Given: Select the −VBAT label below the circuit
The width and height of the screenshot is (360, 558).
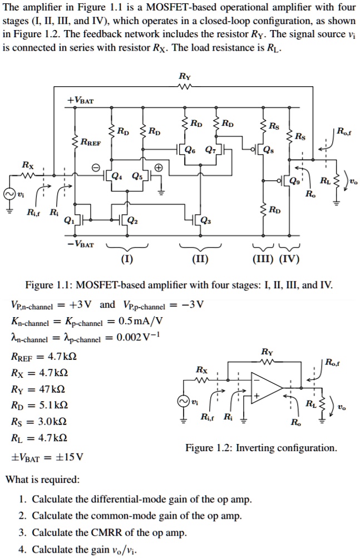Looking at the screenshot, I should (81, 244).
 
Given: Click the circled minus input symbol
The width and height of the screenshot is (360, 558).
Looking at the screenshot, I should (95, 167).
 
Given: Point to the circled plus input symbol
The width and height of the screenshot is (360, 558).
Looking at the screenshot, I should (158, 167).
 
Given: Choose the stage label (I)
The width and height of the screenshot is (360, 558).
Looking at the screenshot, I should (127, 259).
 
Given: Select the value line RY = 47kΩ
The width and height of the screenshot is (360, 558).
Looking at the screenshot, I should (37, 388).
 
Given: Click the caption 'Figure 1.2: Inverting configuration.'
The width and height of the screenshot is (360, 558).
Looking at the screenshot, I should (261, 447).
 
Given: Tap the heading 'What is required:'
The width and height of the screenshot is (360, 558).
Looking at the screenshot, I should (42, 479).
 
